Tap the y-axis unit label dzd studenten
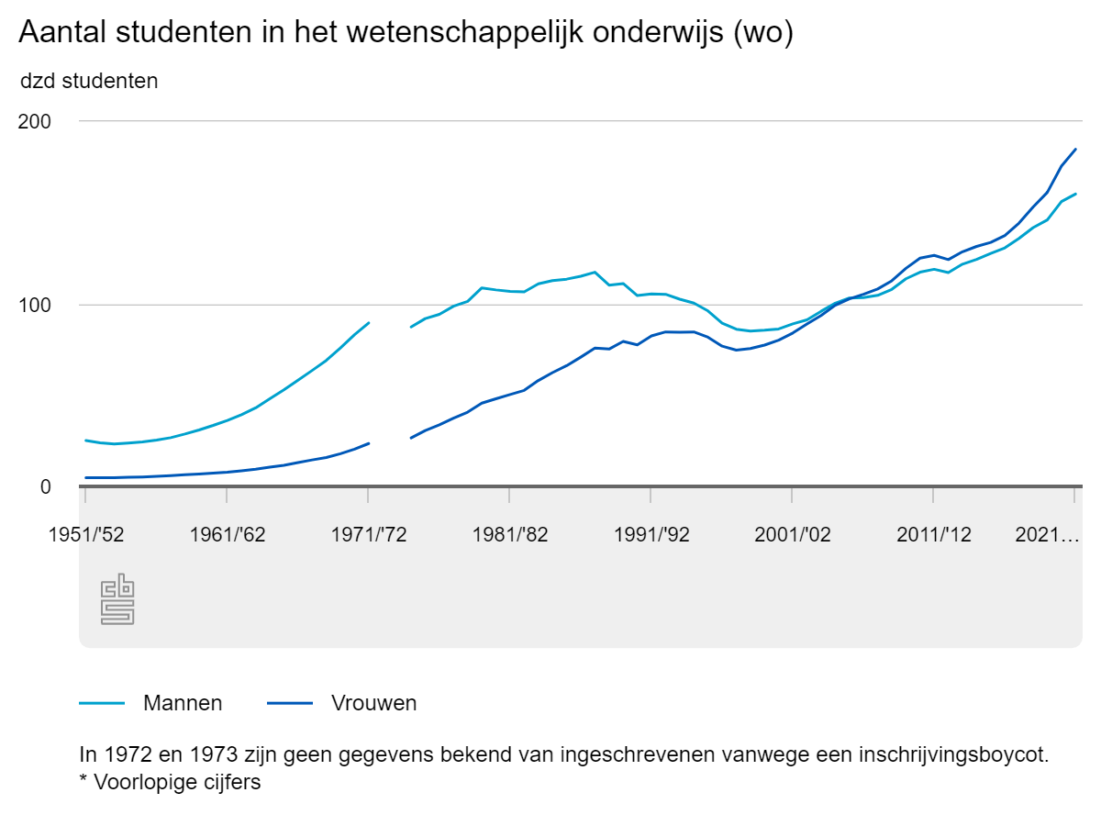click(x=89, y=81)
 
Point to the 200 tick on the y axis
click(x=39, y=121)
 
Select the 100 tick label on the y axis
click(x=39, y=305)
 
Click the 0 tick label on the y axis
click(x=45, y=486)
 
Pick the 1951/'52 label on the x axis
click(x=85, y=535)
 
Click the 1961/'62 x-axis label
click(x=227, y=535)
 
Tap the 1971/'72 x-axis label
click(x=368, y=535)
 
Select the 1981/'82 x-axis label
click(x=509, y=535)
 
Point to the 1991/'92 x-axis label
click(x=651, y=535)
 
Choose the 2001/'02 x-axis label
click(x=792, y=535)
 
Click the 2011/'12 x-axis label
click(x=933, y=535)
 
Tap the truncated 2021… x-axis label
click(x=1047, y=535)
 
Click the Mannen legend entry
click(x=183, y=704)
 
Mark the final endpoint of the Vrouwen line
click(x=1075, y=149)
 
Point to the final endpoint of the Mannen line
click(x=1075, y=194)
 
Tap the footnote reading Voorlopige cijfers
click(x=177, y=784)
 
